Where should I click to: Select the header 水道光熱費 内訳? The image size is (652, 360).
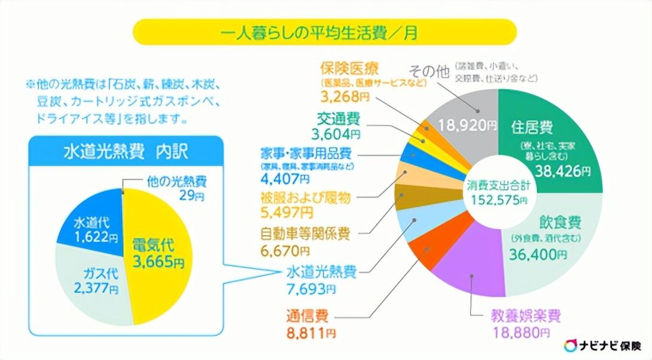(125, 152)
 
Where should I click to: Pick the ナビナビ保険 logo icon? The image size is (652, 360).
(571, 346)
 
